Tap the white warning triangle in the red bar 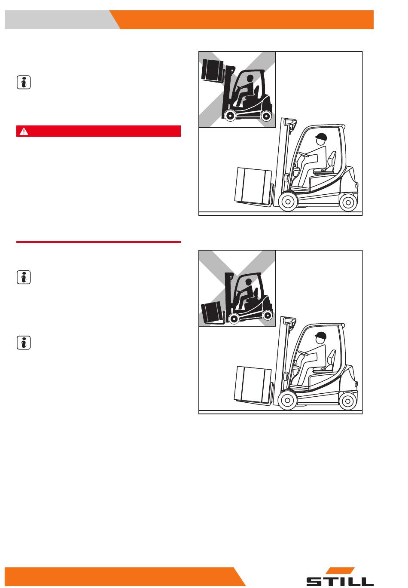pos(24,131)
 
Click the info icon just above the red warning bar pos(24,83)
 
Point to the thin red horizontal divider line pos(98,242)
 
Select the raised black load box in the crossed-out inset pos(212,70)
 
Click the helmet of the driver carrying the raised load pos(250,77)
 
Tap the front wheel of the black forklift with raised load pos(230,115)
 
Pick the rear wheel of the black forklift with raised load pos(266,116)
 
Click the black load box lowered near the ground pos(211,312)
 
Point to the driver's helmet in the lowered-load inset pos(248,281)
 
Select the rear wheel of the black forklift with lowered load pos(268,315)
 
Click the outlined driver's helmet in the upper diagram pos(321,137)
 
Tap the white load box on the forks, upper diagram pos(253,185)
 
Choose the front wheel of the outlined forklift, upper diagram pos(288,202)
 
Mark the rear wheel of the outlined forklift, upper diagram pos(348,202)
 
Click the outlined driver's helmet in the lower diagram pos(321,335)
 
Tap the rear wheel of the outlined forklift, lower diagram pos(347,401)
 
